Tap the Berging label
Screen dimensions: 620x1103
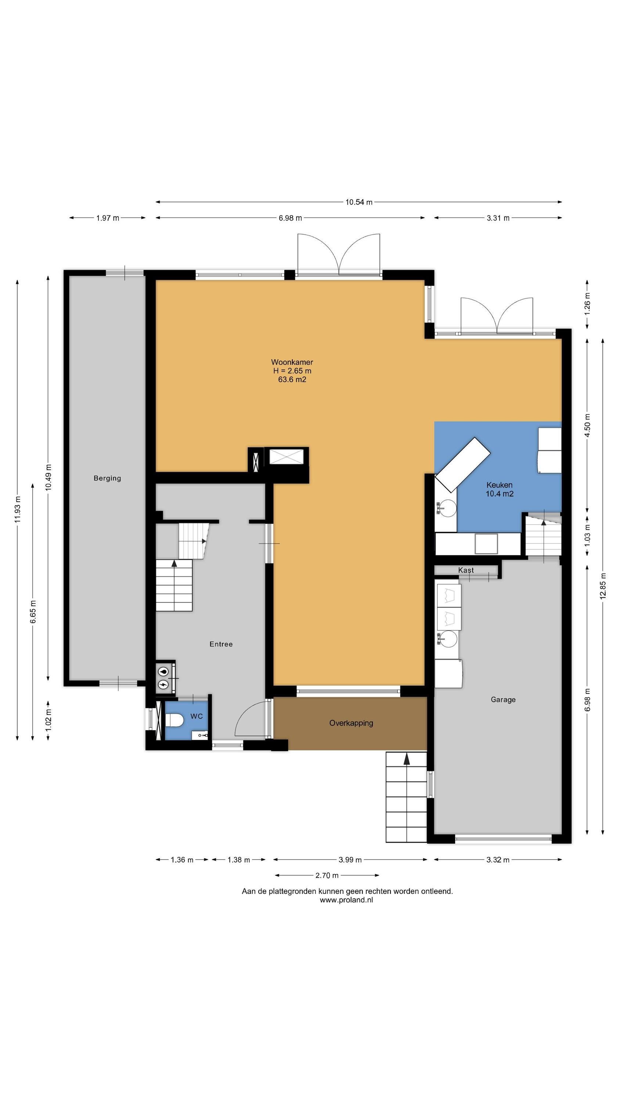click(x=107, y=478)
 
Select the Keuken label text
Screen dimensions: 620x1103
click(x=499, y=485)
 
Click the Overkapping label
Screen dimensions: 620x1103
click(x=351, y=723)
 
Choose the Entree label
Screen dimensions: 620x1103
click(x=221, y=644)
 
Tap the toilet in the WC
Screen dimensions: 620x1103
click(x=174, y=721)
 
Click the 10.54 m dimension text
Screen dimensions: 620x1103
click(x=359, y=202)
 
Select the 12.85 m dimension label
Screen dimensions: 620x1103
click(x=603, y=586)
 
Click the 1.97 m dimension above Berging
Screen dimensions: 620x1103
click(x=107, y=218)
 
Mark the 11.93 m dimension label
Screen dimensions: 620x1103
click(x=17, y=509)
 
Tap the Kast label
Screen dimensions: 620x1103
click(x=466, y=570)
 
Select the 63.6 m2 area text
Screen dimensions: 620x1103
click(x=292, y=379)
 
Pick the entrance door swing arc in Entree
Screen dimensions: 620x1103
click(x=244, y=713)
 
